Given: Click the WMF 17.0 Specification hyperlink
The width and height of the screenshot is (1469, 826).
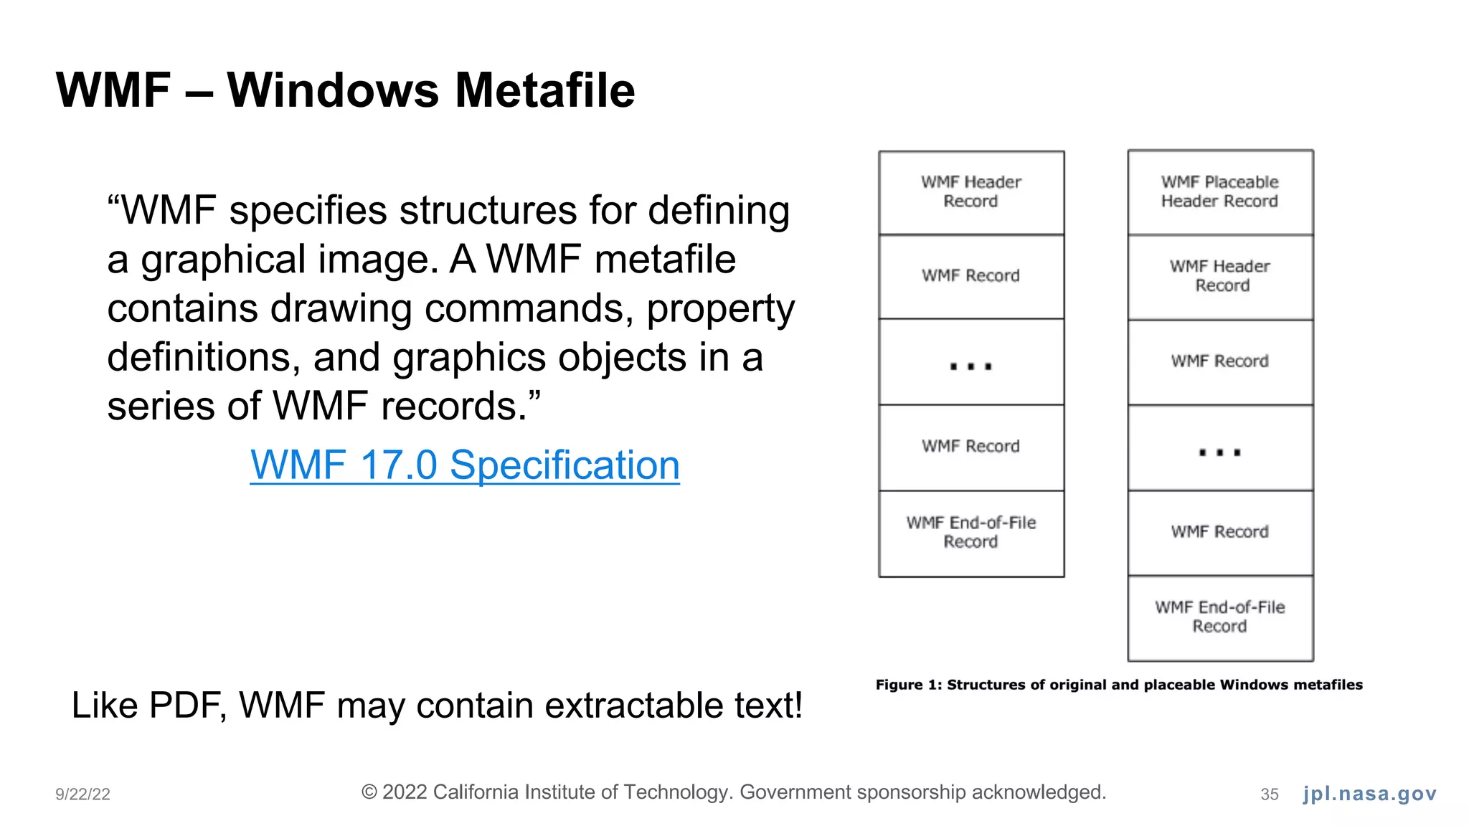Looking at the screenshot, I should tap(464, 465).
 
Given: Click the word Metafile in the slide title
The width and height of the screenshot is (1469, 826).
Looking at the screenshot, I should tap(544, 91).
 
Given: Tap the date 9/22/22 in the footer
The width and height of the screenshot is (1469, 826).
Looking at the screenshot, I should tap(82, 794).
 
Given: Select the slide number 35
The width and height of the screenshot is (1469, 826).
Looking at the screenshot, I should tap(1269, 794).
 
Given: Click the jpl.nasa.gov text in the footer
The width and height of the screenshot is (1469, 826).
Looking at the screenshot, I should tap(1369, 794).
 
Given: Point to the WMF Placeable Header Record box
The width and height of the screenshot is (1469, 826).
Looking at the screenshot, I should tap(1219, 192).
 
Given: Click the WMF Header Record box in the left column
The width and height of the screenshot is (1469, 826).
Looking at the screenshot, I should tap(970, 192).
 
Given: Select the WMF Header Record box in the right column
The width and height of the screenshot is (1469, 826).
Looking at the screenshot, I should tap(1219, 276).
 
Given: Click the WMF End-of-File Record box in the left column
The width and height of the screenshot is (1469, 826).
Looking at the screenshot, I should tap(970, 533).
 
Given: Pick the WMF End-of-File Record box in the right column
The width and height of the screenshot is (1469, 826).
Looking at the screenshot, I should tap(1219, 617).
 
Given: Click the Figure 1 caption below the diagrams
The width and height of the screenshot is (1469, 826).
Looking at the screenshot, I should tap(1118, 685).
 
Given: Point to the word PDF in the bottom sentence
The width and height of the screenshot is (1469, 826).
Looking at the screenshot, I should tap(188, 706).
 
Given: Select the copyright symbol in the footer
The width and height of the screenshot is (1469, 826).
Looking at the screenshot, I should tap(369, 792).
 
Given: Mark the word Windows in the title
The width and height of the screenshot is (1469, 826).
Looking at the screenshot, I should tap(333, 91).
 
